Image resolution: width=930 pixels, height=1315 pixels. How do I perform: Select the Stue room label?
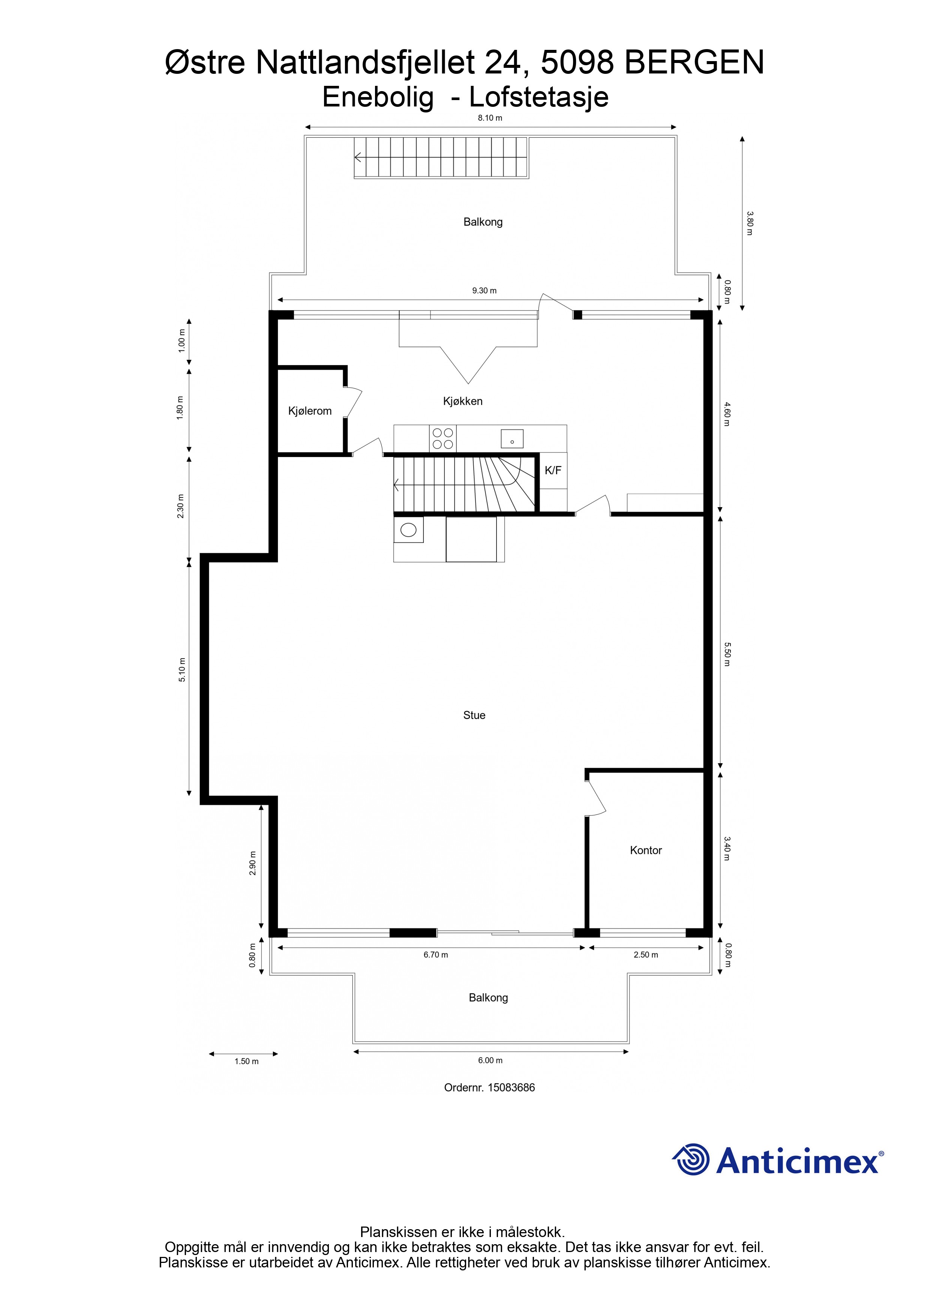click(x=474, y=715)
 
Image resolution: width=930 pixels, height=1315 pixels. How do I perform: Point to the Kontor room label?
click(x=646, y=851)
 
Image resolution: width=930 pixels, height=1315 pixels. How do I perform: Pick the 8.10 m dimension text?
click(x=490, y=118)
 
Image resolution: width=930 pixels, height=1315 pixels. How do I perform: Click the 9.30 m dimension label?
click(x=484, y=291)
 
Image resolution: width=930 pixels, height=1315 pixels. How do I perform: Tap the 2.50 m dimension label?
click(x=646, y=955)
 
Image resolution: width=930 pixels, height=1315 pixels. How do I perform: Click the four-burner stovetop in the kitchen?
click(x=443, y=439)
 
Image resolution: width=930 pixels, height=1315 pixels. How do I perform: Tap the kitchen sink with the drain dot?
click(x=512, y=439)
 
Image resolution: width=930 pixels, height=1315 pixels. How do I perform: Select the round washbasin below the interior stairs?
click(x=408, y=530)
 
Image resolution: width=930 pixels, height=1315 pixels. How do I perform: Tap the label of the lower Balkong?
click(x=488, y=998)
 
